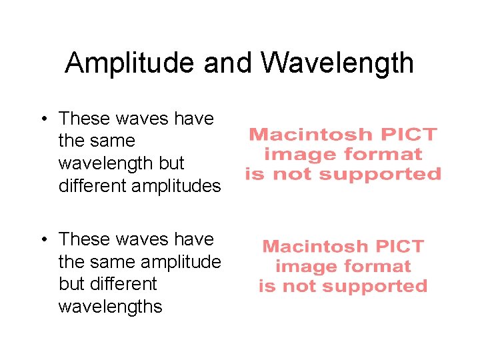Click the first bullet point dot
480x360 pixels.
42,119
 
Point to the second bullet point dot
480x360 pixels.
42,239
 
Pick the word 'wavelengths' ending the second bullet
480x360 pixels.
110,307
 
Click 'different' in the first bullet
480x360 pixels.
92,186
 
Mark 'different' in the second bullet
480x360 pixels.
123,284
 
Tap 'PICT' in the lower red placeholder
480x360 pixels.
399,247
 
